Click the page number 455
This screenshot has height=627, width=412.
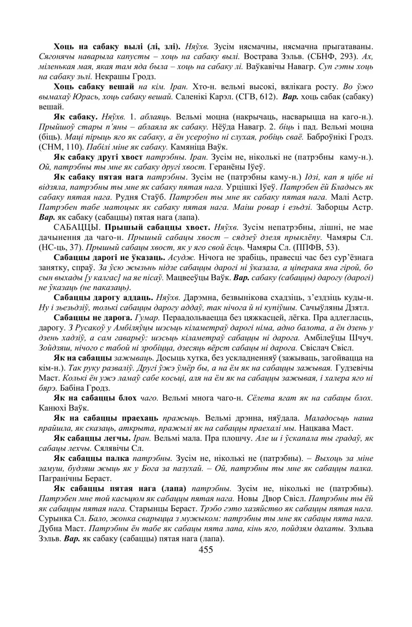coord(206,550)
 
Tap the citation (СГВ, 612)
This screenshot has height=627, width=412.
coord(256,98)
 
